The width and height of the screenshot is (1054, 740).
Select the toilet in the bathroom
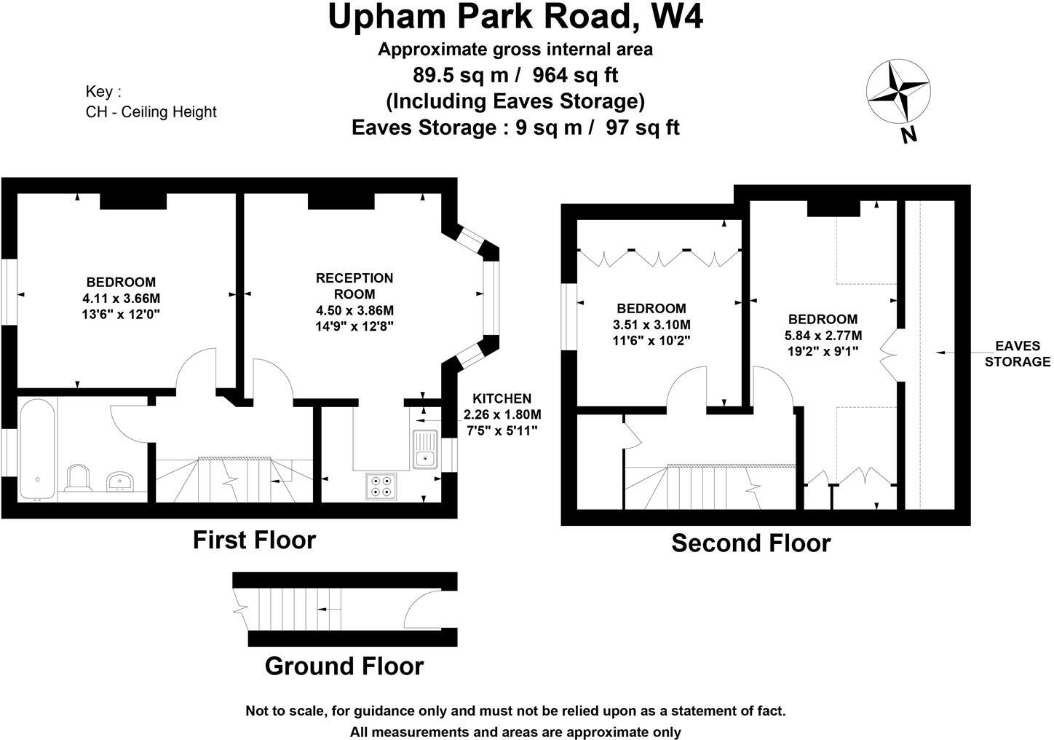78,479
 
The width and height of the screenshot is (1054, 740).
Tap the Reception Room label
354,286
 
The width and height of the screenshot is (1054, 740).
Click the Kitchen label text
502,398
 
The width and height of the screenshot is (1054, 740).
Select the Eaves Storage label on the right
1017,354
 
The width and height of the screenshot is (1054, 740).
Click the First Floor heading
254,540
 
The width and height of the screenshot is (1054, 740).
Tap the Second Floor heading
750,543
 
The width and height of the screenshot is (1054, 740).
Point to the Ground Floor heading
344,666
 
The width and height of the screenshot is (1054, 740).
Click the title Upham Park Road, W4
515,17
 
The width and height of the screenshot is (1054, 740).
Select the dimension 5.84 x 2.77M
823,335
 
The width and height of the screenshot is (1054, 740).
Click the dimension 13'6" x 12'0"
121,314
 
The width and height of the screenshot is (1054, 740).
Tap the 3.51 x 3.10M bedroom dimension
651,324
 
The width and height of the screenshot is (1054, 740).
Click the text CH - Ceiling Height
151,111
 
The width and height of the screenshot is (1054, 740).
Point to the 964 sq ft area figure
576,74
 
